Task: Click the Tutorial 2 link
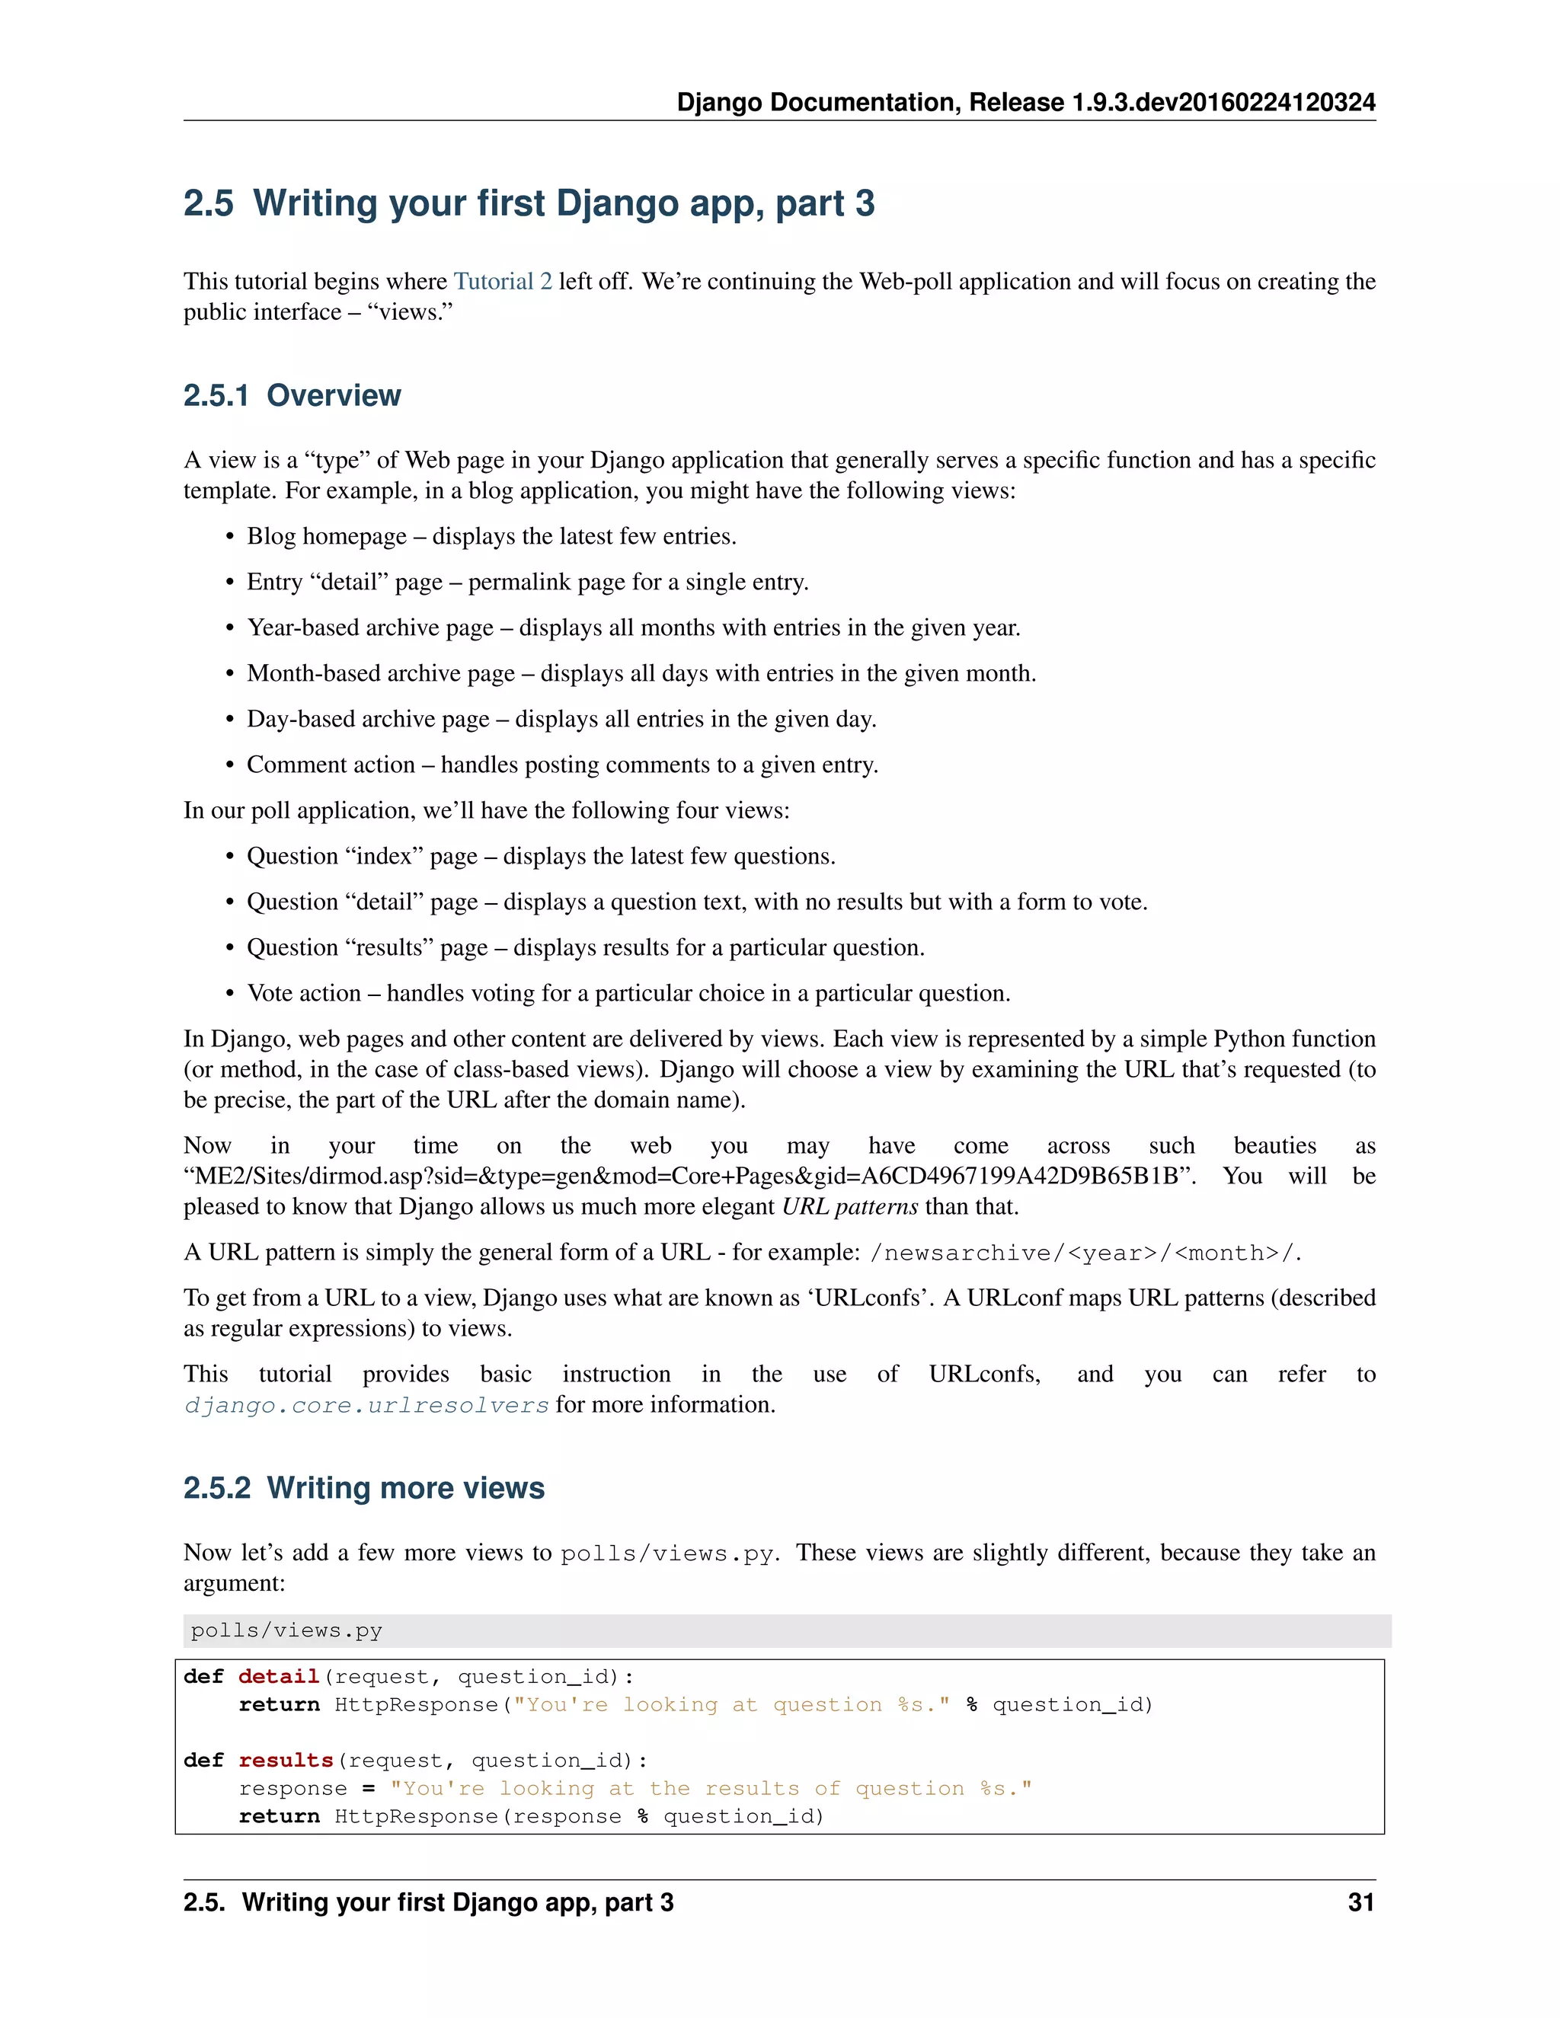[502, 281]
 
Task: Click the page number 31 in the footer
[1360, 1902]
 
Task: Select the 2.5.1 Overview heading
[292, 395]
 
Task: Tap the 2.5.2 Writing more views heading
[364, 1488]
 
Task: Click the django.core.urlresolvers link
[366, 1406]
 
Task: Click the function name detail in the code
[278, 1677]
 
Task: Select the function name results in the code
[285, 1760]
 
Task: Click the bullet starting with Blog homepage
[491, 536]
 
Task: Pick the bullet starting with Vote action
[628, 993]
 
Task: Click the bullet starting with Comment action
[562, 765]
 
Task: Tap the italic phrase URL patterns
[849, 1207]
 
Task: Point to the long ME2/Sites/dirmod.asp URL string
[689, 1177]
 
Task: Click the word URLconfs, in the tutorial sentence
[984, 1374]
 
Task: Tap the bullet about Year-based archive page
[633, 627]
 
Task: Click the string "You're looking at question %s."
[731, 1705]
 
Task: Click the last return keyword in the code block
[278, 1816]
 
